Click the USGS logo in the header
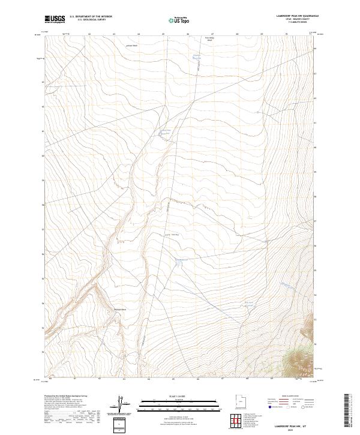click(x=55, y=19)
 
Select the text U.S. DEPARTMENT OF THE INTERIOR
click(x=91, y=16)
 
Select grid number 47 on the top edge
click(x=213, y=34)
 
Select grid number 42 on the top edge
click(x=89, y=34)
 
